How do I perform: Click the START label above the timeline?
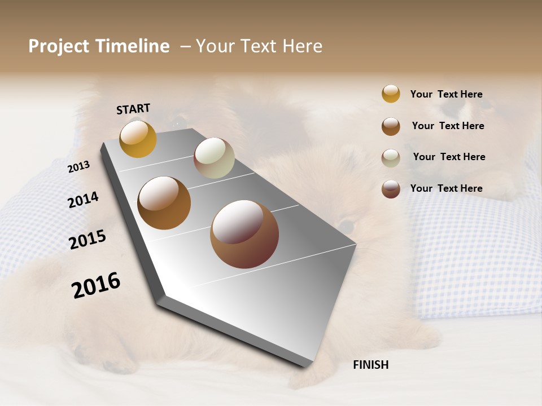(133, 109)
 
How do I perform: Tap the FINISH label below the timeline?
(370, 365)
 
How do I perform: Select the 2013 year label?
(79, 166)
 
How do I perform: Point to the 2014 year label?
(83, 200)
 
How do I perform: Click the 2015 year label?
(88, 240)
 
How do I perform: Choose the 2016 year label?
(96, 285)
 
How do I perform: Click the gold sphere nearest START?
(138, 139)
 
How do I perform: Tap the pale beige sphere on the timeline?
(214, 158)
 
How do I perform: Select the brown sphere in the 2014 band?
(164, 203)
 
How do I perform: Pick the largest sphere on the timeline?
(244, 234)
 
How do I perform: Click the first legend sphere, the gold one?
(391, 94)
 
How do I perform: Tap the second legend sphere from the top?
(391, 126)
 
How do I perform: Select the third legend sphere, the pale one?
(391, 158)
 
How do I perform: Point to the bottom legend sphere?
(391, 189)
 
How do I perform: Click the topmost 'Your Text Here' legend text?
(446, 94)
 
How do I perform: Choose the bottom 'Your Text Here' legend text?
(446, 188)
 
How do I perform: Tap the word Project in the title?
(59, 46)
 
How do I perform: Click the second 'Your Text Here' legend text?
(448, 126)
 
